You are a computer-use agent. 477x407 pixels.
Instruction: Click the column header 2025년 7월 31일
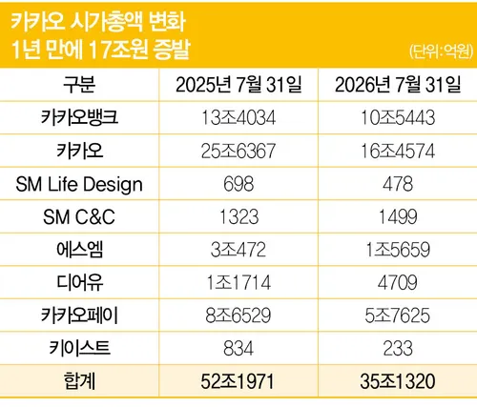[238, 85]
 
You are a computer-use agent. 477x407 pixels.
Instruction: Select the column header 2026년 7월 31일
[398, 85]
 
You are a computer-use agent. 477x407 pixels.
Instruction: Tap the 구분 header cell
[79, 85]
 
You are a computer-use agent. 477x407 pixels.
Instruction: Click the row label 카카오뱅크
[79, 117]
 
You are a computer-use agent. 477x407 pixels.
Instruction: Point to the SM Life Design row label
[79, 185]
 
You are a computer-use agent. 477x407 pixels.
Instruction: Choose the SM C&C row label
[79, 217]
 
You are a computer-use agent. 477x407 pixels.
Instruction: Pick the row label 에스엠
[79, 250]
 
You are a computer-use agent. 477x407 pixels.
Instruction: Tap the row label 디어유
[79, 282]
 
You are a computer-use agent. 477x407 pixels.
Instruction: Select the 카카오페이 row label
[79, 315]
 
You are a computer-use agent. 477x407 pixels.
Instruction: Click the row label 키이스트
[79, 348]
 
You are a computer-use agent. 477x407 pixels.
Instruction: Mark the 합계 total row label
[79, 381]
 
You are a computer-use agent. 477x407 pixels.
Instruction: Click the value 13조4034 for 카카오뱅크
[238, 117]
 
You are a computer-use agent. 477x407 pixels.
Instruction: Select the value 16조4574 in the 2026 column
[398, 151]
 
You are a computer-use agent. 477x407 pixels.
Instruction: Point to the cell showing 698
[238, 184]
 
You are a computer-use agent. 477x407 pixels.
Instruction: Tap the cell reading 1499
[398, 216]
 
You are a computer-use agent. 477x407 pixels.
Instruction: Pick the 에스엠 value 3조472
[238, 250]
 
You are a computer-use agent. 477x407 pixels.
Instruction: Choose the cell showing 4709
[398, 283]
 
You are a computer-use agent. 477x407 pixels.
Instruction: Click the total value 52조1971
[238, 381]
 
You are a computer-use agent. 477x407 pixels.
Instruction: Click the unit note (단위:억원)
[441, 51]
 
